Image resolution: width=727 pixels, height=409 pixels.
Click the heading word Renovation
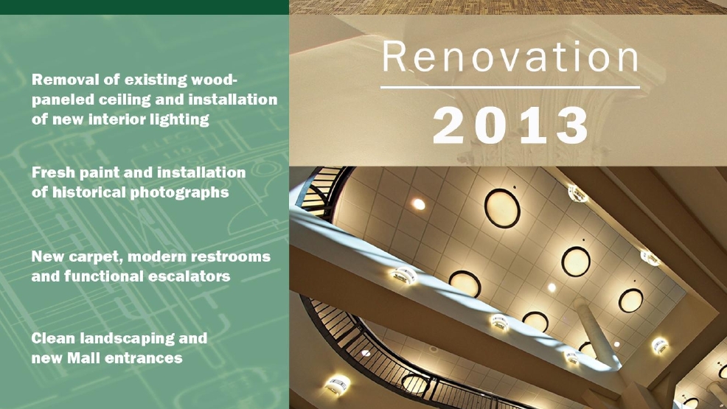tap(510, 57)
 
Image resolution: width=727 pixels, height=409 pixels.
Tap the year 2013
tap(510, 125)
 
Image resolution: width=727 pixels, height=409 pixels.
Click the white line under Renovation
tap(510, 87)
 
